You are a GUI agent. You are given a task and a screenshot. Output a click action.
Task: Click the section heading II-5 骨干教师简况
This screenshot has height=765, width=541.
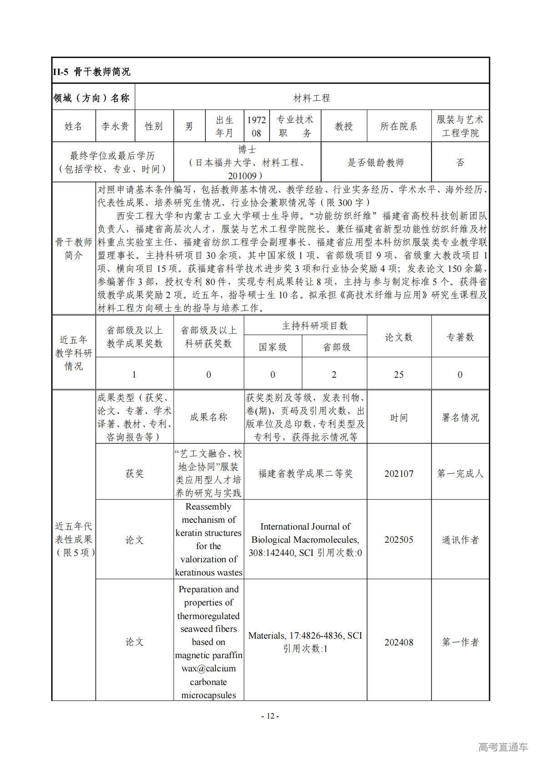tap(92, 72)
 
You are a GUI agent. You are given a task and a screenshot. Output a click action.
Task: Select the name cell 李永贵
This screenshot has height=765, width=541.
tap(115, 126)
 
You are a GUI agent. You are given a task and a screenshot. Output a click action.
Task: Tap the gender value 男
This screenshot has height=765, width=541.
tap(189, 126)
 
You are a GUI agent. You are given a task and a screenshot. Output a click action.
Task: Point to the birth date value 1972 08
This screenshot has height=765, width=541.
tap(256, 126)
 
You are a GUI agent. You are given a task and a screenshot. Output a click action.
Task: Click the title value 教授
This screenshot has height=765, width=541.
tap(344, 126)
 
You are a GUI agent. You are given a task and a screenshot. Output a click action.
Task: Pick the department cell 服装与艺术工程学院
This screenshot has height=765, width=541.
tap(460, 126)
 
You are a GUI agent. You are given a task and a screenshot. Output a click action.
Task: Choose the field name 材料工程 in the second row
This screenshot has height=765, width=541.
tap(312, 98)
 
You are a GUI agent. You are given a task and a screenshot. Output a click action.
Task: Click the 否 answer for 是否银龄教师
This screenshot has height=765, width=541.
tap(460, 162)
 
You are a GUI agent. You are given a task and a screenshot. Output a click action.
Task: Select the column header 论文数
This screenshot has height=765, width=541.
tap(399, 337)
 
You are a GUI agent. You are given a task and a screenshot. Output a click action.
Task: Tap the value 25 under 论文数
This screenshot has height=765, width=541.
tap(399, 375)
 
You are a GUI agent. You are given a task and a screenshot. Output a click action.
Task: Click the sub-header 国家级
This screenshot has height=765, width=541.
tap(273, 347)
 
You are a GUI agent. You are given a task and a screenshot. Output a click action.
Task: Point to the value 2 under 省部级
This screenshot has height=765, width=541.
tap(334, 375)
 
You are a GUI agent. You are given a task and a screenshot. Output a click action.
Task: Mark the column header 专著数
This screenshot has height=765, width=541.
tap(460, 337)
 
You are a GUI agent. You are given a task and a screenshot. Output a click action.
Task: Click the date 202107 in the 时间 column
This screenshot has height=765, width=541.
tap(399, 474)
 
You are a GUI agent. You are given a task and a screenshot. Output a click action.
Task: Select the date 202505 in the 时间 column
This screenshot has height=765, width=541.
tap(399, 540)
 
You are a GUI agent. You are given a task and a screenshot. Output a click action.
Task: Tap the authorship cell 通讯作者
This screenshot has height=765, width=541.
tap(460, 540)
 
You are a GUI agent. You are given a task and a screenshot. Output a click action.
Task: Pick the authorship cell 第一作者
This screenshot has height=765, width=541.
tap(460, 642)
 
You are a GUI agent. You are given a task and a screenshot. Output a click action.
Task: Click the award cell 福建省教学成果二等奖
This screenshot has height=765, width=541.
tap(306, 474)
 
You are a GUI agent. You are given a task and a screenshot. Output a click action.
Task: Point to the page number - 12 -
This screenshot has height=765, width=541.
tap(270, 716)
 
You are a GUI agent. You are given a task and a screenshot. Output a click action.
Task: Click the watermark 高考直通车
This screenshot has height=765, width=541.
tap(503, 747)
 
